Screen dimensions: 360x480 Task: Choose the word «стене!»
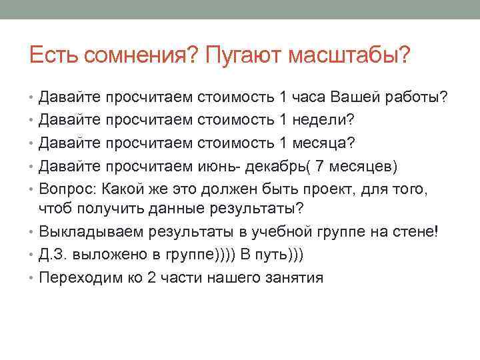pos(414,232)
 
